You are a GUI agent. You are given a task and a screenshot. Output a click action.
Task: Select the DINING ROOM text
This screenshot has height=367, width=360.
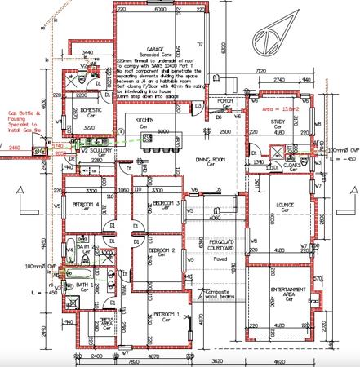coord(209,161)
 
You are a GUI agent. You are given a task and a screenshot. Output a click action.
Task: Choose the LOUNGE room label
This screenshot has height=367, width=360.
coord(286,206)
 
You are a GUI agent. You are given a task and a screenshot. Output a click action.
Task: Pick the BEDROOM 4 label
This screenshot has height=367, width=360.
coord(86,204)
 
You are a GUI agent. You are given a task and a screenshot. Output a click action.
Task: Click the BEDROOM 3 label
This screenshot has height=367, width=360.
coord(167,204)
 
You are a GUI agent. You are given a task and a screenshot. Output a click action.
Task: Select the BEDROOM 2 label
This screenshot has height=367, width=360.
coord(167,250)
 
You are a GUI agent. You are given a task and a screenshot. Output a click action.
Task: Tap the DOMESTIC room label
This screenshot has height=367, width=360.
coord(90,110)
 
